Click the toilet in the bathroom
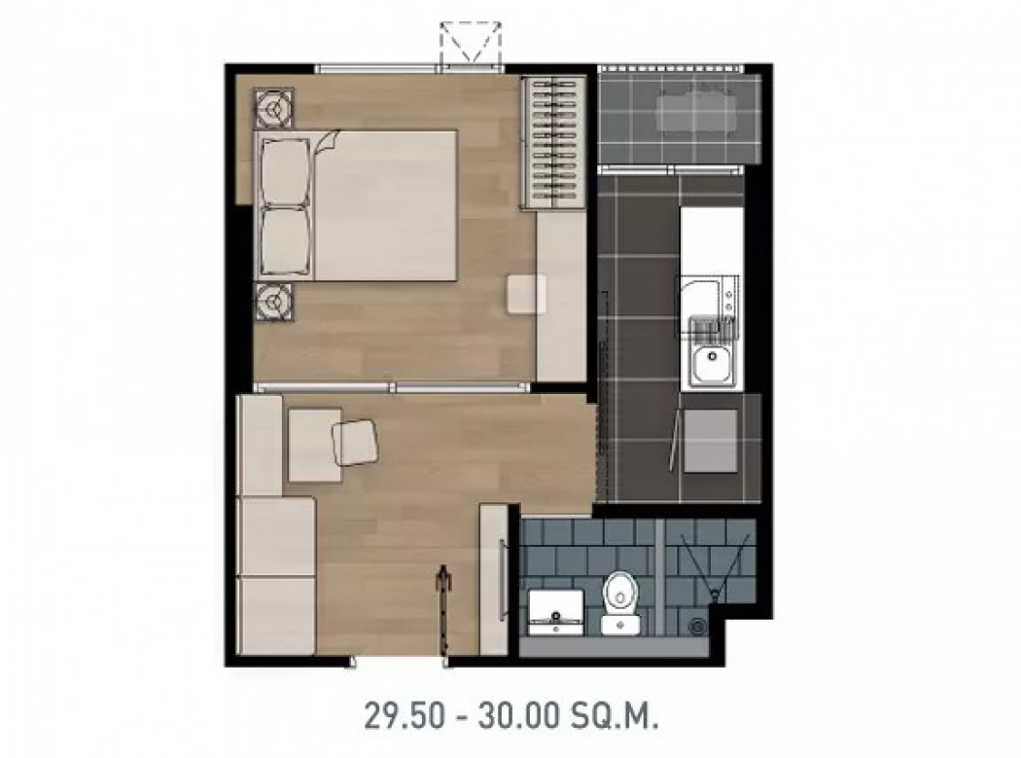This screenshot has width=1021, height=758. tap(620, 601)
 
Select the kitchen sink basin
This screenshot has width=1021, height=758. tap(713, 365)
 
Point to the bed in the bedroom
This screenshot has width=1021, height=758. tap(356, 205)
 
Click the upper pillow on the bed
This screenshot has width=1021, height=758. tap(284, 172)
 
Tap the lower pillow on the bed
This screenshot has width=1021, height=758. tap(284, 241)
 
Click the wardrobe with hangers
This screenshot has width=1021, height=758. tap(553, 143)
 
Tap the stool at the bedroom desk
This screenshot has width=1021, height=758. tap(527, 294)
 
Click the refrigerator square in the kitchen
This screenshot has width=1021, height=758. tap(711, 441)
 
